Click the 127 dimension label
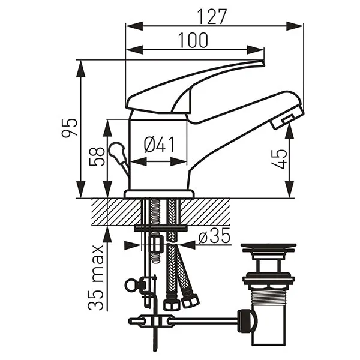click(212, 17)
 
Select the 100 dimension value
click(193, 40)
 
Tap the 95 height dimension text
click(70, 128)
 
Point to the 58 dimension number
click(97, 156)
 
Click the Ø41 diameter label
click(159, 145)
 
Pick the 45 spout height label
click(279, 159)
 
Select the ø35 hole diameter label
click(214, 236)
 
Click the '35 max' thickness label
click(96, 277)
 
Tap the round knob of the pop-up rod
click(116, 150)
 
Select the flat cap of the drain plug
click(268, 247)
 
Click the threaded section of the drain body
click(268, 296)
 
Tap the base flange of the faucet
click(159, 194)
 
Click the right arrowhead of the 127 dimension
click(295, 26)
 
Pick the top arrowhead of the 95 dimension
click(80, 68)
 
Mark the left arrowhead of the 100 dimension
click(134, 50)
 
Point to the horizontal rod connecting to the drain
click(204, 320)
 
